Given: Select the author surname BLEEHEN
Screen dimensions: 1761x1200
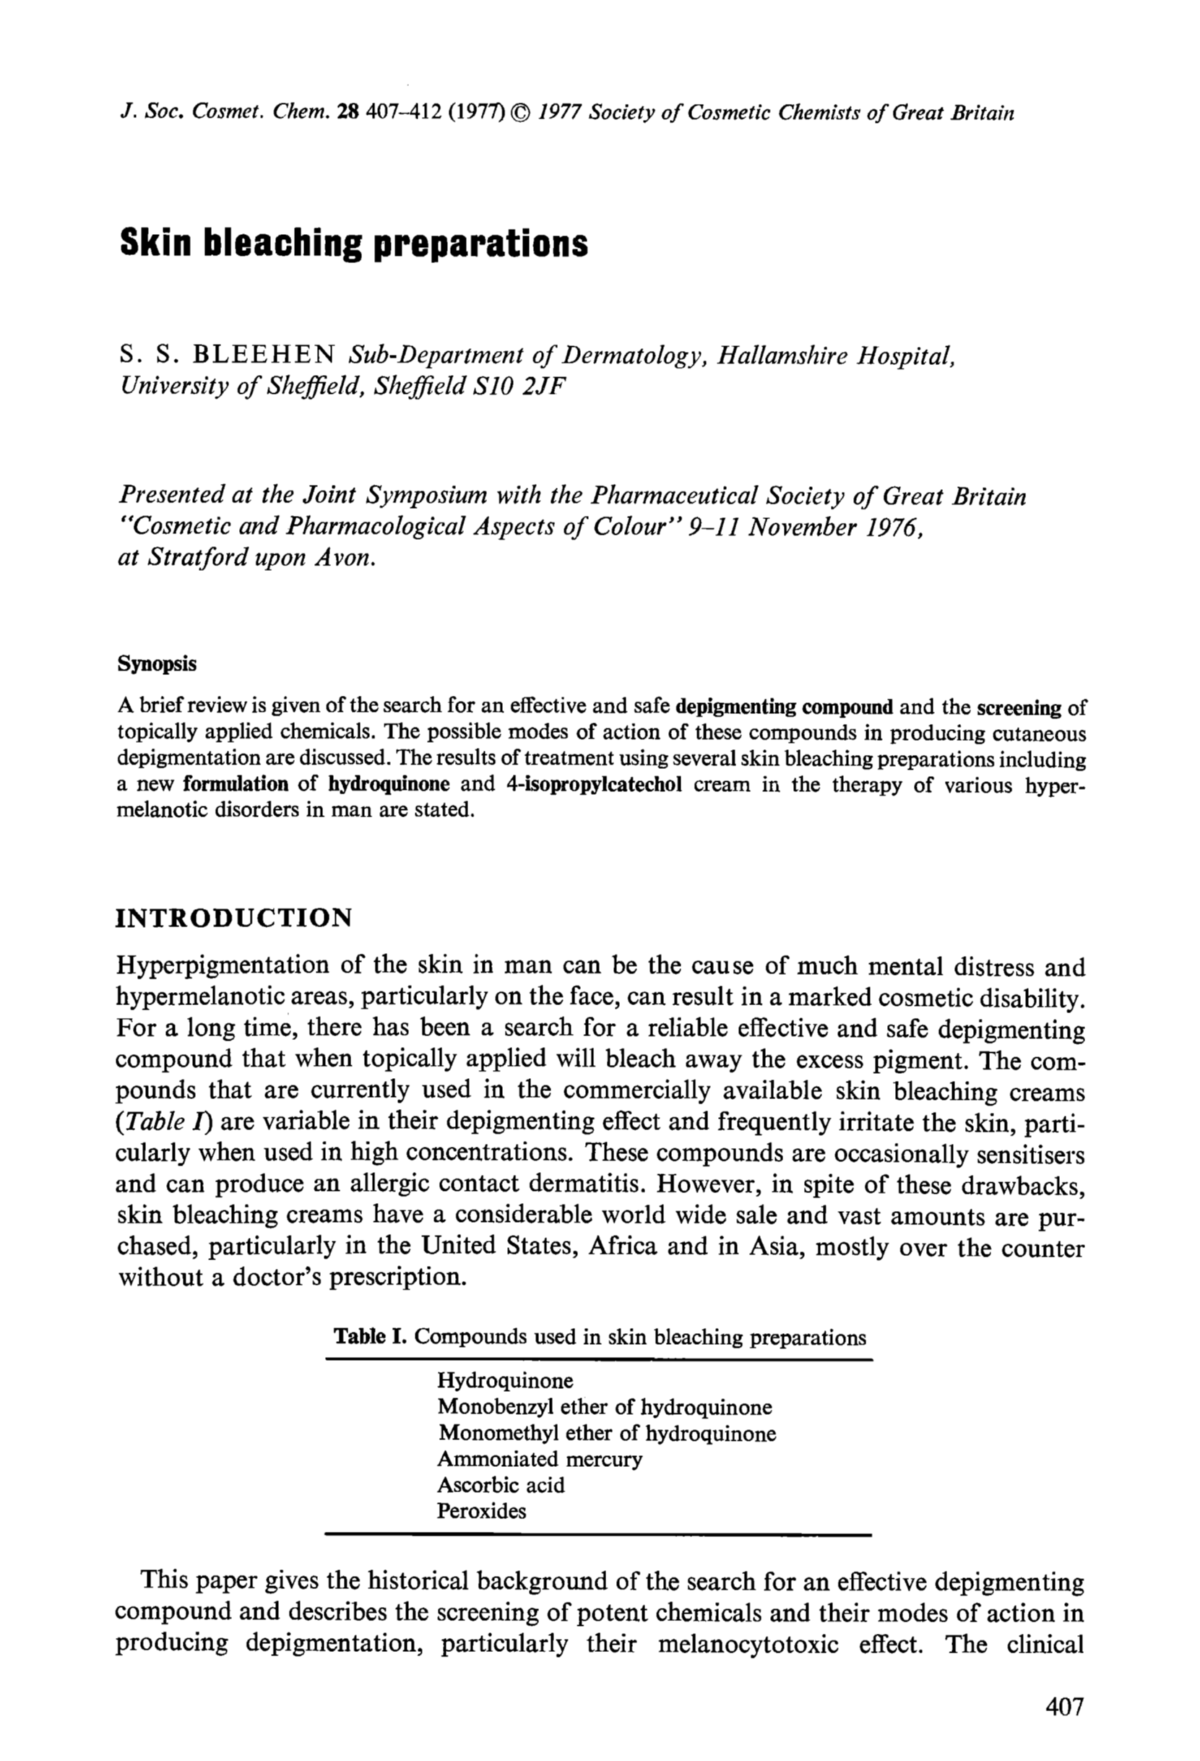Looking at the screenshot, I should coord(264,354).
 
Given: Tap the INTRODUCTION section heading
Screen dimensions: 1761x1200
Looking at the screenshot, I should coord(234,918).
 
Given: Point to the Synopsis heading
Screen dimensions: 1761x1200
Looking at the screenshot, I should coord(157,664).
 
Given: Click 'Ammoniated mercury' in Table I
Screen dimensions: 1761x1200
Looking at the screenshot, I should coord(540,1459).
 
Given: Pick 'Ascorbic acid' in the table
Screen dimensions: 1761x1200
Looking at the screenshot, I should coord(501,1484).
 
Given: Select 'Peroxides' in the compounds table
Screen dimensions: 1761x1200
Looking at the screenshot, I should coord(481,1510).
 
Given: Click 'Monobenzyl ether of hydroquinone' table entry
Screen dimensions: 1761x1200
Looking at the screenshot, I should coord(605,1407).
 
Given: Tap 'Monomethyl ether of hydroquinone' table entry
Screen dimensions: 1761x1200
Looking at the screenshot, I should coord(607,1433).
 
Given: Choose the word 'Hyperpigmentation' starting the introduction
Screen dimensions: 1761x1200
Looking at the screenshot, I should coord(222,968).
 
